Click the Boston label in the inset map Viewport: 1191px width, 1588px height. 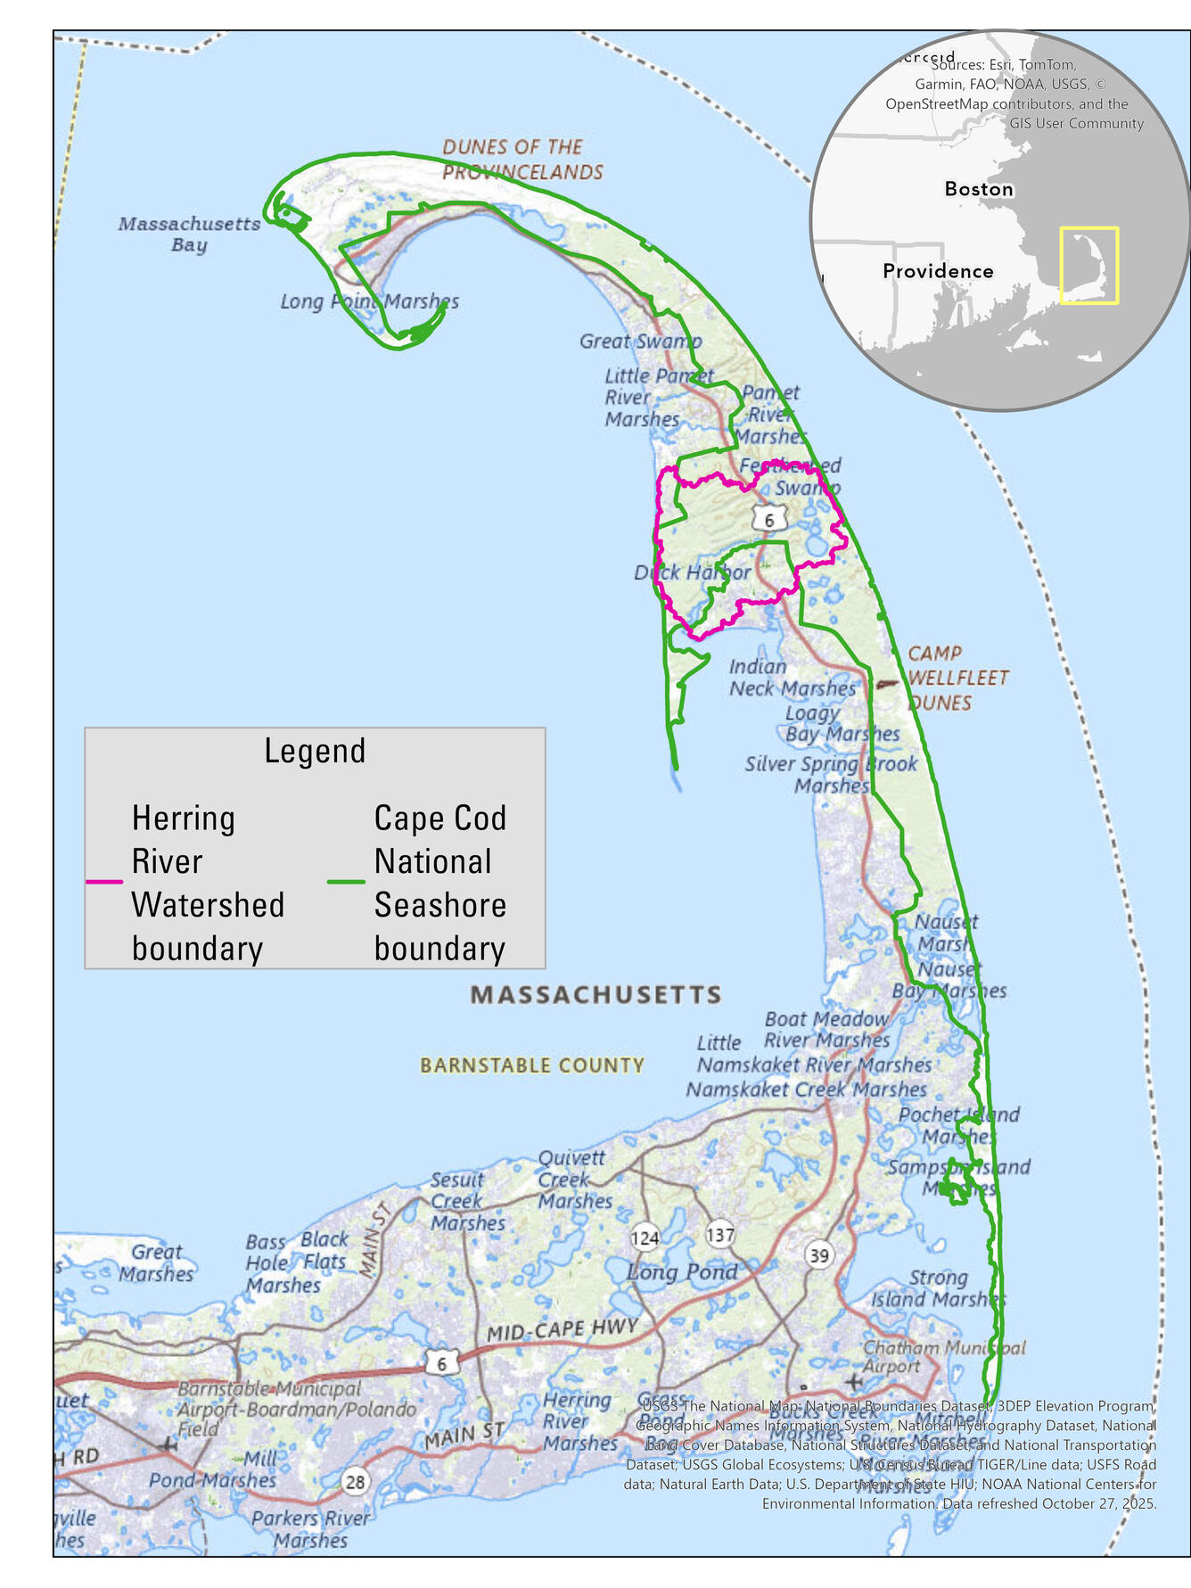979,189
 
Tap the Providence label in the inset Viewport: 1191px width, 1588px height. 938,271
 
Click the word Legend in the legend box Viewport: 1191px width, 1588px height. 315,751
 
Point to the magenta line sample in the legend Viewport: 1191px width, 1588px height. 104,882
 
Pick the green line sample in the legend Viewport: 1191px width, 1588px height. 346,882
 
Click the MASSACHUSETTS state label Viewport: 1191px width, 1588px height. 595,995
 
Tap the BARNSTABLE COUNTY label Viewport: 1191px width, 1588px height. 532,1066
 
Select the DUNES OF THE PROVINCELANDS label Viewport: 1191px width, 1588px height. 522,160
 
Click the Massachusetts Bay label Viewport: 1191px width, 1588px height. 189,234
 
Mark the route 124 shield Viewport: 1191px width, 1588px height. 645,1238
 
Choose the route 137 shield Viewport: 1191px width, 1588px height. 720,1235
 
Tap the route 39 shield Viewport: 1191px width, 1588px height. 818,1255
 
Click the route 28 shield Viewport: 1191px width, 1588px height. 355,1482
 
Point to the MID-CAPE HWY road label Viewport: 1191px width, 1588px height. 562,1329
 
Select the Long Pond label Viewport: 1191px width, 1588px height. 683,1272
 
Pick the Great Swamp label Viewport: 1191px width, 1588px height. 640,341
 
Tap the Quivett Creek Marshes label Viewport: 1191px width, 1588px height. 574,1180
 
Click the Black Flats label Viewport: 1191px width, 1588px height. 324,1250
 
